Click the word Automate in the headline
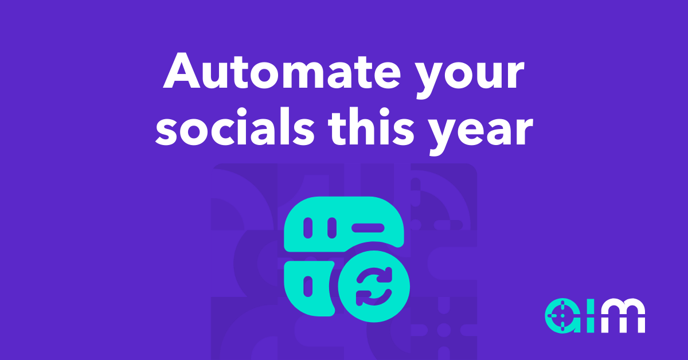[x=282, y=71]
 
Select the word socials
[x=235, y=127]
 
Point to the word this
[x=372, y=127]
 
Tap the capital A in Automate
[x=182, y=71]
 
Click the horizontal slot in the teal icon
[x=368, y=228]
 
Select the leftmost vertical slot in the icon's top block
[x=308, y=228]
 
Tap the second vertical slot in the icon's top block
[x=332, y=228]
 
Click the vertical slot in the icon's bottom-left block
[x=308, y=286]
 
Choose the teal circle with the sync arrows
[x=374, y=286]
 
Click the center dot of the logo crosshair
[x=562, y=316]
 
